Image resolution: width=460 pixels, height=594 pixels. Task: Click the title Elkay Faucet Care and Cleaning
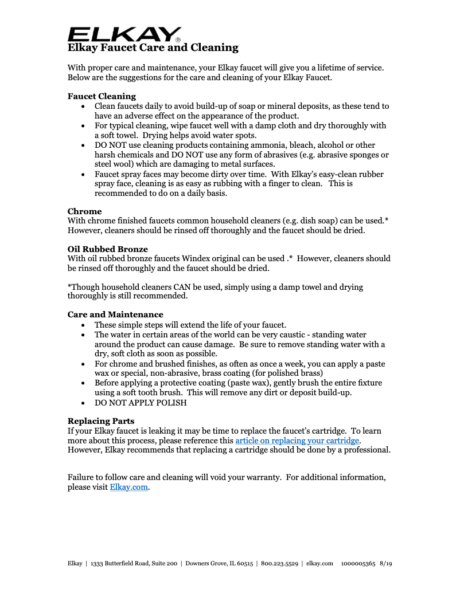coord(153,48)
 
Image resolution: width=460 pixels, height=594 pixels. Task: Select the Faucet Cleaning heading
coord(102,96)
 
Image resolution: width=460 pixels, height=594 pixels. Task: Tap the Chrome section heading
coord(84,211)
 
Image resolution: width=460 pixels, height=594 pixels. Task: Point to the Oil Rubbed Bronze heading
coord(107,249)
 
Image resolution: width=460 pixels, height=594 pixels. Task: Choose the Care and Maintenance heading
coord(115,314)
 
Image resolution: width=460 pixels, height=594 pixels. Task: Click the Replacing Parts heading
coord(101,421)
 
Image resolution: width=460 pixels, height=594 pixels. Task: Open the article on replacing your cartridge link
coord(297,440)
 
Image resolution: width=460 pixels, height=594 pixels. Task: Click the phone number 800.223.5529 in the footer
coord(279,564)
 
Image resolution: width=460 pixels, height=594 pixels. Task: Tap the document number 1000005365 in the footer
coord(358,564)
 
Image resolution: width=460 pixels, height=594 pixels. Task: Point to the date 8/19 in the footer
coord(386,564)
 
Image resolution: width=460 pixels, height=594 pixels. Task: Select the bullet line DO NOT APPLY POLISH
coord(141,403)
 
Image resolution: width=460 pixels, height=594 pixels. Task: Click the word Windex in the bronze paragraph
coord(205,258)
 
